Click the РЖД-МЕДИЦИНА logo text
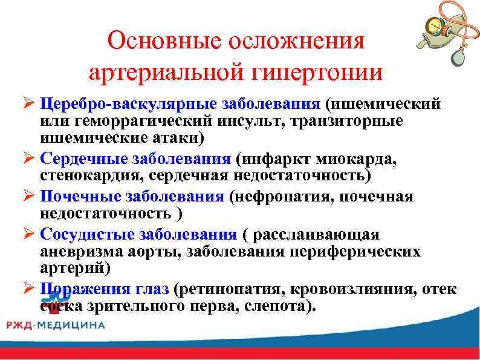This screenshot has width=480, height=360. click(55, 325)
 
